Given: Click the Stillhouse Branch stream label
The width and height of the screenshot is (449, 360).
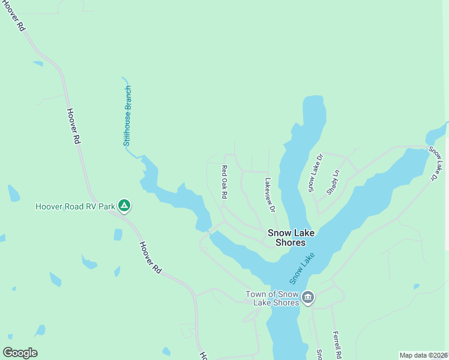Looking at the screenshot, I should (127, 116).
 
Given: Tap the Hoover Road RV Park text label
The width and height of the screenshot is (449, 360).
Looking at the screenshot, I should (75, 207).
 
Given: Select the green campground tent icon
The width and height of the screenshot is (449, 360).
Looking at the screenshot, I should (124, 206).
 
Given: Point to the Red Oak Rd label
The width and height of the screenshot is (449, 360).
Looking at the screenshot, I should (224, 182).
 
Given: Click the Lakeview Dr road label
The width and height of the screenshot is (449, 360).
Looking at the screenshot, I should (270, 195).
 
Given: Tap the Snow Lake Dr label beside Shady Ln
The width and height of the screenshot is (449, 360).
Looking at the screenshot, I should (316, 173).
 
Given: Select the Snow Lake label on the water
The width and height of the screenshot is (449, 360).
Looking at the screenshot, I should (303, 268).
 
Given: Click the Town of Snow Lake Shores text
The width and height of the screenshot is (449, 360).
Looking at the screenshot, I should (272, 298).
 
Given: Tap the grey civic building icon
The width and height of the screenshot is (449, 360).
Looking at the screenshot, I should (308, 298).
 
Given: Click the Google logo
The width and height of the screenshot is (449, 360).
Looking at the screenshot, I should (20, 353).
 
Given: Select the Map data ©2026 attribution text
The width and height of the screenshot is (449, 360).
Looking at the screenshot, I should (423, 355).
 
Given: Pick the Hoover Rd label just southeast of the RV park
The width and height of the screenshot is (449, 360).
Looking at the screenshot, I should (151, 258).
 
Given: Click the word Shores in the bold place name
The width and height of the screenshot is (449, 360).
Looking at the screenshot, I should (291, 243).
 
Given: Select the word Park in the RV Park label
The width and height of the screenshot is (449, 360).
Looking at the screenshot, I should (106, 207).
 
